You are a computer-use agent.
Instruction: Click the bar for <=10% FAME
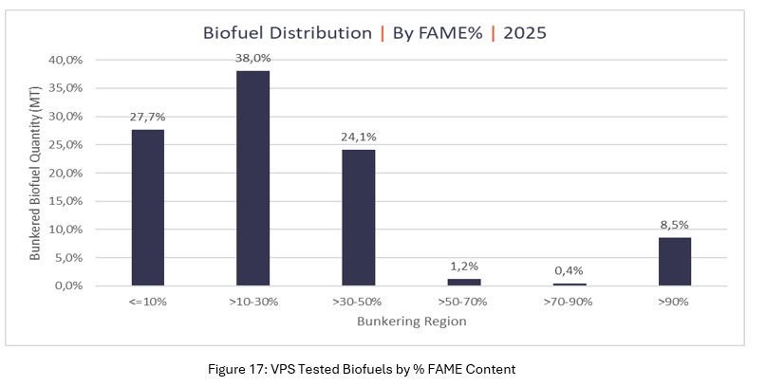click(147, 208)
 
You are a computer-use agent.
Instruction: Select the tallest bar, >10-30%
click(252, 178)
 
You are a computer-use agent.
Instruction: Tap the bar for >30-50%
click(358, 217)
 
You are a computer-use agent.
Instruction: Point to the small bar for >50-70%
click(463, 282)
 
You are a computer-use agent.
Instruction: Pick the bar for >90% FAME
click(674, 261)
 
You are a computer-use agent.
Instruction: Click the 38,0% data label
click(252, 57)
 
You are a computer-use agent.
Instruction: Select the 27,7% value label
click(147, 116)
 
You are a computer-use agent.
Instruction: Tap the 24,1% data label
click(358, 136)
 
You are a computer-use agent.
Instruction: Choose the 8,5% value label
click(674, 224)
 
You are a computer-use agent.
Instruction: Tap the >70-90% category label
click(569, 303)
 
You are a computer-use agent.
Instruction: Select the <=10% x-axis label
click(147, 303)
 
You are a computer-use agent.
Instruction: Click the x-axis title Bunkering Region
click(411, 322)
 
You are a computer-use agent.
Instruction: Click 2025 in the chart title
click(526, 32)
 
